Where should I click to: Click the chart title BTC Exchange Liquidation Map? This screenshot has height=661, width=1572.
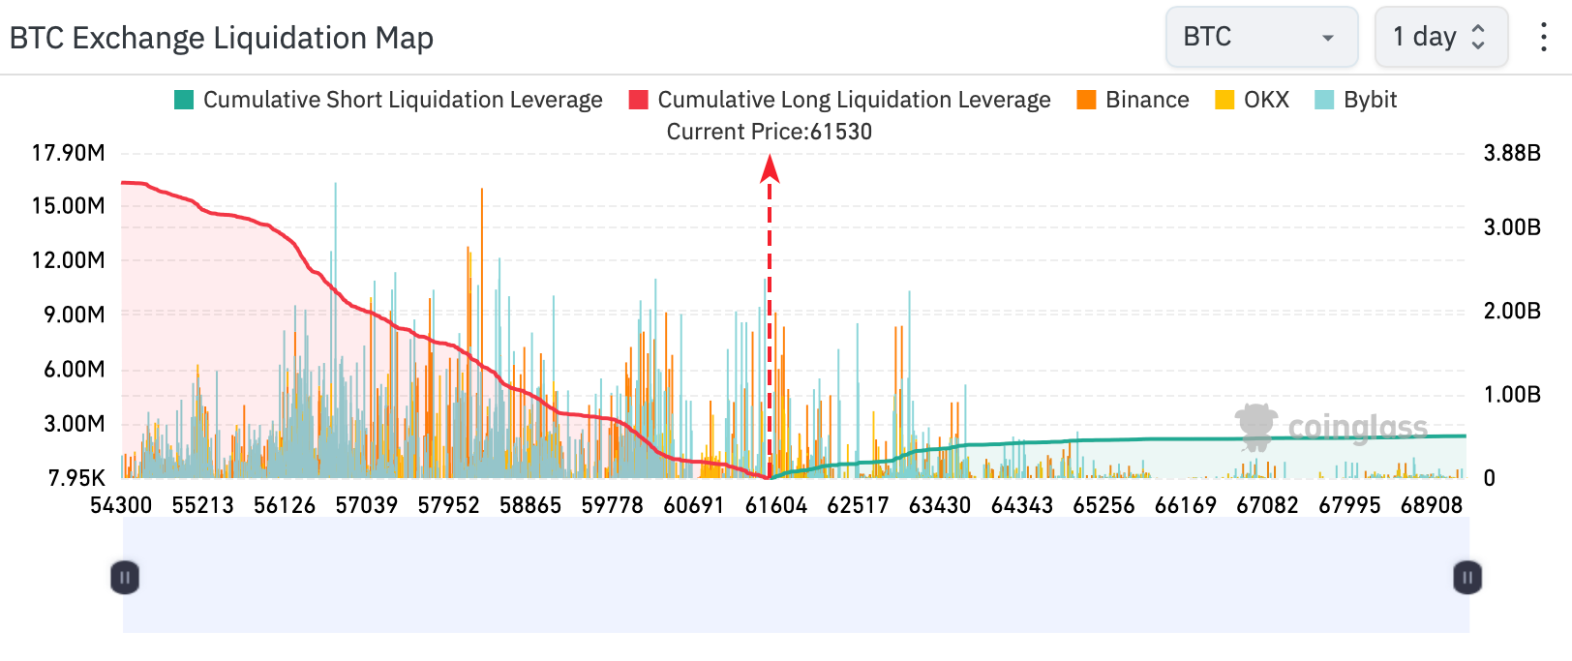[221, 38]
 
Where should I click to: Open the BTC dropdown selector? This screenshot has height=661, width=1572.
[1262, 37]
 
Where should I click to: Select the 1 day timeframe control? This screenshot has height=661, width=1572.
[1440, 37]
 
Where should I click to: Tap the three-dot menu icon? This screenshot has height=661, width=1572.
[1543, 37]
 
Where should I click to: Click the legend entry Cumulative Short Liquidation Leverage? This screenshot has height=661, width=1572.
[388, 100]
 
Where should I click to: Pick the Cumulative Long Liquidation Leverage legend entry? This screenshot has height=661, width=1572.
[839, 100]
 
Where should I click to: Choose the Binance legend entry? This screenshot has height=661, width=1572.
[1133, 100]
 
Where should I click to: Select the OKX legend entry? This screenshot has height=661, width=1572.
[1252, 100]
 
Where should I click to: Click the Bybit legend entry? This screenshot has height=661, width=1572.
[1355, 100]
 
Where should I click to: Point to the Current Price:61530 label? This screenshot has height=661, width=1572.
[770, 132]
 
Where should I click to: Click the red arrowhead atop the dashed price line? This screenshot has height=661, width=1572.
[770, 168]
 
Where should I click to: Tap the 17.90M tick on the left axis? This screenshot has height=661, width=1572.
[68, 152]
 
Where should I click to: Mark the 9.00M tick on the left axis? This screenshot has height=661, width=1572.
[74, 315]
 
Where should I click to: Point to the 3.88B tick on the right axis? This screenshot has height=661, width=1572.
[1512, 152]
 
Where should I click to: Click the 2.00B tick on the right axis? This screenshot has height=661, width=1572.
[1512, 310]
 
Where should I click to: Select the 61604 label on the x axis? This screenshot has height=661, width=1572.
[776, 505]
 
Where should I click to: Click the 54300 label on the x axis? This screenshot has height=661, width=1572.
[121, 505]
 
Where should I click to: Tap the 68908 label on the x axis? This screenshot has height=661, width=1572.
[1432, 505]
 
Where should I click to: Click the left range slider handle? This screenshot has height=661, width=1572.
[125, 578]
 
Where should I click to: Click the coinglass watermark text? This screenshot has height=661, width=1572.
[1358, 427]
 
